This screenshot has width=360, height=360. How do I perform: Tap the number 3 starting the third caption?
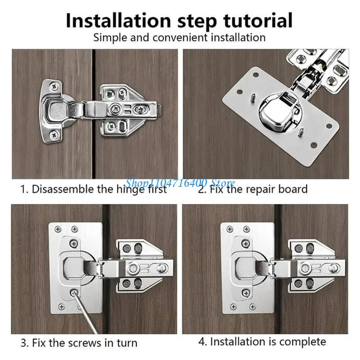[x=23, y=342]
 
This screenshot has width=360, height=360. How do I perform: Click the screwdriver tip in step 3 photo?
[x=72, y=293]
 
